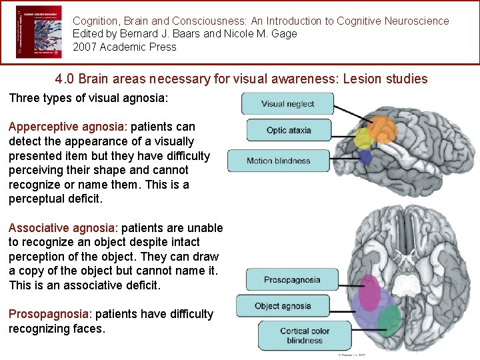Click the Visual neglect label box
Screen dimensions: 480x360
click(x=287, y=103)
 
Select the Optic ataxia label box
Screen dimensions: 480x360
click(x=289, y=130)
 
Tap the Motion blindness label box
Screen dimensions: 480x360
click(x=278, y=161)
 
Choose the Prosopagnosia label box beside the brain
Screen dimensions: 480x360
click(x=291, y=280)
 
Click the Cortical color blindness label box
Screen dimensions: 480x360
click(x=305, y=335)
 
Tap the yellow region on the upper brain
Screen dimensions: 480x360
click(x=363, y=139)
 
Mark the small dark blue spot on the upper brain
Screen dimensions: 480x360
click(x=365, y=157)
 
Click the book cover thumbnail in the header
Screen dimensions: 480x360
click(x=39, y=32)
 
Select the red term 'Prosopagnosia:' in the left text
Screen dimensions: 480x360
click(x=46, y=314)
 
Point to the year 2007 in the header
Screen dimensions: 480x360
click(x=85, y=47)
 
